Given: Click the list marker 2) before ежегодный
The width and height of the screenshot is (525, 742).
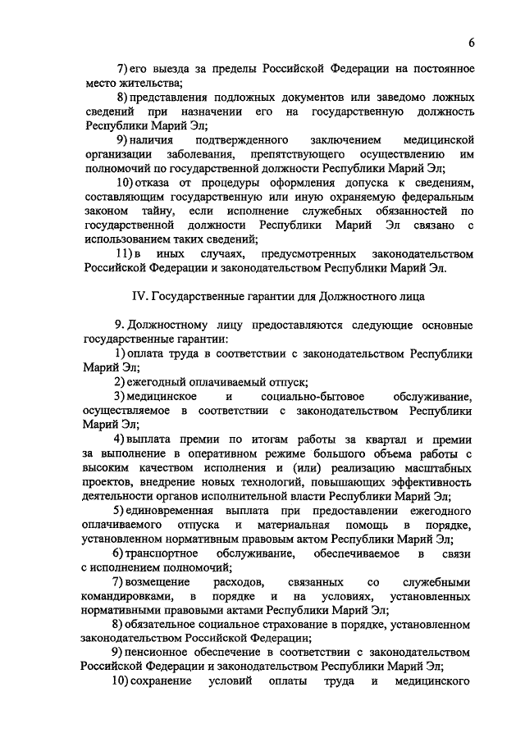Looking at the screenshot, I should (x=120, y=382).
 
